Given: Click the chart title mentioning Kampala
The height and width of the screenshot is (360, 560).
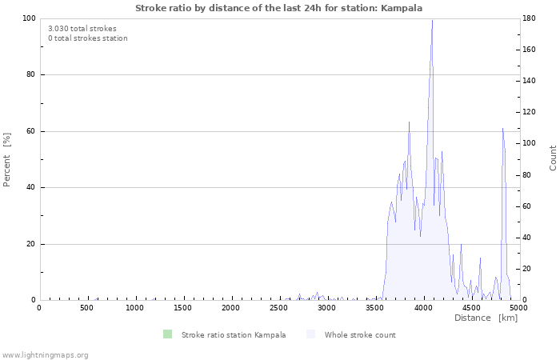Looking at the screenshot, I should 279,8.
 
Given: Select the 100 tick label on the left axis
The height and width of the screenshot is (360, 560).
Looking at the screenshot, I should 30,18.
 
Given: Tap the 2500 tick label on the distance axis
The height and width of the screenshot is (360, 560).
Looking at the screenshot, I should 279,307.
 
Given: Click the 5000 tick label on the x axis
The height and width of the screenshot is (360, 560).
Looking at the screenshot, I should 518,307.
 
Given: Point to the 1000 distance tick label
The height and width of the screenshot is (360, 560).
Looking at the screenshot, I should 135,307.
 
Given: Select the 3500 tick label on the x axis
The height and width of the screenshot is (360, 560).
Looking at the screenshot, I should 375,307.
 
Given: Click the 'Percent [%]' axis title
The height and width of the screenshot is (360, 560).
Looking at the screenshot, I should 7,159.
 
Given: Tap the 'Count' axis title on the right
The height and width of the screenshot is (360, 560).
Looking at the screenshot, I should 553,158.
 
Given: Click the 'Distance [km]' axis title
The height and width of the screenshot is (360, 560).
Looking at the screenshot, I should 486,318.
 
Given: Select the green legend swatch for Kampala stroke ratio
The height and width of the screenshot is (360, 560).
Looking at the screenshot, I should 166,334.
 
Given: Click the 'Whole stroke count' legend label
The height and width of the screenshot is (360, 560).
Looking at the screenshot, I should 359,334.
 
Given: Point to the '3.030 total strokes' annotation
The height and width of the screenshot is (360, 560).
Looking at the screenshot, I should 82,28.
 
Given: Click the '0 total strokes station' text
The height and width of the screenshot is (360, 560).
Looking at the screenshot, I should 87,38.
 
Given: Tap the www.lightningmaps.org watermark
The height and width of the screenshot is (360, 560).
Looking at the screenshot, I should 45,354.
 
